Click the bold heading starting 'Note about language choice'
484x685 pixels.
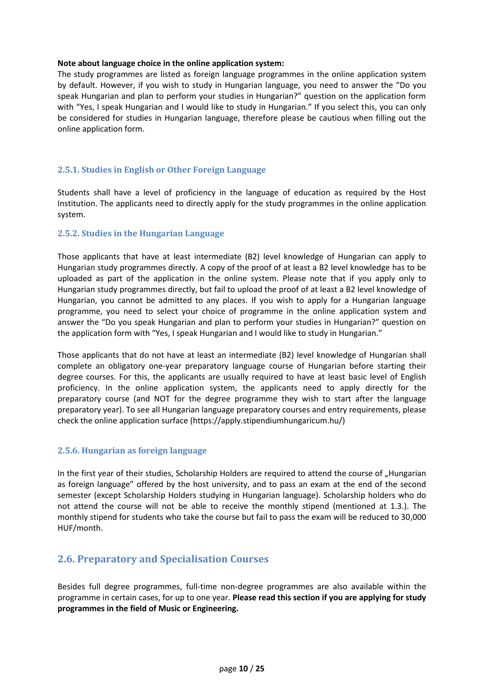tap(170, 63)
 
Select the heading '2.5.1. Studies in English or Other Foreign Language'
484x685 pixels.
tap(161, 170)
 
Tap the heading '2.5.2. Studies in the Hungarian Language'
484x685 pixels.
tap(141, 234)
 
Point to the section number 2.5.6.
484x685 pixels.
tap(69, 451)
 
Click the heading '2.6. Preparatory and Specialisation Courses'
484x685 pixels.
tap(163, 559)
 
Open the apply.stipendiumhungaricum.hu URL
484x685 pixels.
tap(267, 421)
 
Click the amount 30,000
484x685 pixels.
tap(413, 517)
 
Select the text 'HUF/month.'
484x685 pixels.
tap(80, 528)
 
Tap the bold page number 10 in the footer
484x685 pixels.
tap(243, 669)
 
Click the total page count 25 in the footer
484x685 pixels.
tap(260, 669)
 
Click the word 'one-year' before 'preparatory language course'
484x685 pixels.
tap(165, 366)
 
